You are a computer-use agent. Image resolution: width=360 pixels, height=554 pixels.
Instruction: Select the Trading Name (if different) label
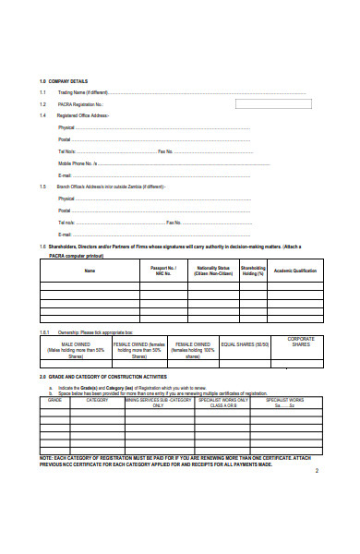pos(83,93)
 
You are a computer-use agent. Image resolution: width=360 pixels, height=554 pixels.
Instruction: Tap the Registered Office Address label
pos(84,115)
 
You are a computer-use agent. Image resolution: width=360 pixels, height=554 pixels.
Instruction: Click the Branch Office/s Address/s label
pos(111,186)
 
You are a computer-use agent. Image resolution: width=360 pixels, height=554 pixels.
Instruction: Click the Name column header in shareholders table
pos(90,271)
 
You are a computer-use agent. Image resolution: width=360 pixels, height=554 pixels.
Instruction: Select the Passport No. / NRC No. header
pos(163,271)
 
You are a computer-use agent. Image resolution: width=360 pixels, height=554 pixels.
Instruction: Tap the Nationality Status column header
pos(213,271)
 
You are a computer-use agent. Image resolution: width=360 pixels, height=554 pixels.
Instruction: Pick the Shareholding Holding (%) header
pos(252,271)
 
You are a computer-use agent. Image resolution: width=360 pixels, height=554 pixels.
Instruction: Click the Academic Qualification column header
pos(294,271)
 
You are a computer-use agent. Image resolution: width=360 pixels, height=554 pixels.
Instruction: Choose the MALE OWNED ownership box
pos(75,348)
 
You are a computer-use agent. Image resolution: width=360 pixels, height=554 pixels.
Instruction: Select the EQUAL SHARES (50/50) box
pos(245,344)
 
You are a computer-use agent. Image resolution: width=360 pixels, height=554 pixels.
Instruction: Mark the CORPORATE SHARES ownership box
pos(300,342)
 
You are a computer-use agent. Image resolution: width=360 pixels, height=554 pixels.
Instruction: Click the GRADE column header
pos(54,400)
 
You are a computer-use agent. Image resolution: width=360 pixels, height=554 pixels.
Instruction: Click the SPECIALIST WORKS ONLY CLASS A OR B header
pos(223,403)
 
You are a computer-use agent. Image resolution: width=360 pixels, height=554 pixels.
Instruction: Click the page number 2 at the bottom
pos(316,471)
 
